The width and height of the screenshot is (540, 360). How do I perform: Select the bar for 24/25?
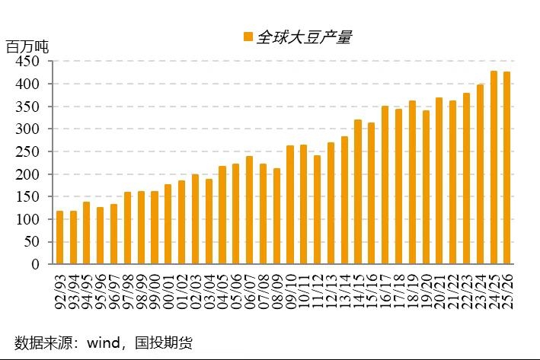coord(494,167)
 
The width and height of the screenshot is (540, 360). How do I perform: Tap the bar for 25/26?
coord(507,168)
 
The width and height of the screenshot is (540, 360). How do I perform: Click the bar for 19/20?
coord(426,187)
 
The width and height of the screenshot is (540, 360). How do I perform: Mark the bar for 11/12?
coord(318,210)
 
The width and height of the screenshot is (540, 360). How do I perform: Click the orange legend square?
coord(247,37)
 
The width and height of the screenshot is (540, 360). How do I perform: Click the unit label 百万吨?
coord(27,46)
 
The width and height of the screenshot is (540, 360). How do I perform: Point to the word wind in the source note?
coord(94,342)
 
